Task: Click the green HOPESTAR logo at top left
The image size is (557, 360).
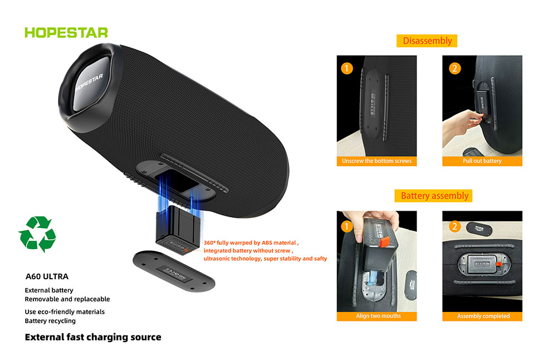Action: (66, 32)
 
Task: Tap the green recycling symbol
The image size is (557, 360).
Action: (37, 233)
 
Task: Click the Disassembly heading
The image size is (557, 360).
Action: (427, 41)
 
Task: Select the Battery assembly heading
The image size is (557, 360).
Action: (435, 196)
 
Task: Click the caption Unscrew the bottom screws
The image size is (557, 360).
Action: (377, 161)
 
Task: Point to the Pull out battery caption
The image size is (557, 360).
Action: (482, 161)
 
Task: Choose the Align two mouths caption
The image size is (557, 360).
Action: (378, 316)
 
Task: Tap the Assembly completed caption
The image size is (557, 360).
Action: (483, 316)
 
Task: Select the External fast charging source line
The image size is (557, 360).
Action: (93, 337)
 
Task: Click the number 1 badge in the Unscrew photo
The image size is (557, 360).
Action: (347, 69)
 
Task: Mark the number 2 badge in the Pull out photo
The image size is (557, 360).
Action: (455, 69)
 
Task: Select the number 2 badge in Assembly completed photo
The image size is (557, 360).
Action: (455, 226)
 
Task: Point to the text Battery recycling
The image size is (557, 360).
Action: (50, 321)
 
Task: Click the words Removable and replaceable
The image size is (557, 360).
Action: (67, 299)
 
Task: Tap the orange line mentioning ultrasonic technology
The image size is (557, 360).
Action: (265, 259)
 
